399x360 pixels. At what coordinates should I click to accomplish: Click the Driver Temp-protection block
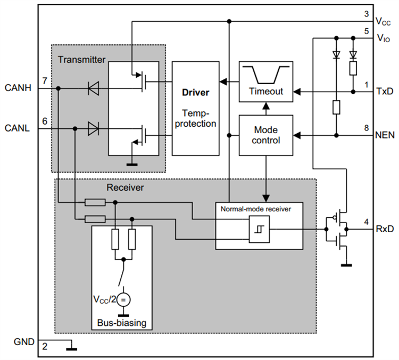click(195, 108)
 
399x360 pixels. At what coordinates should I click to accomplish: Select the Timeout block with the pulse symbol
click(266, 81)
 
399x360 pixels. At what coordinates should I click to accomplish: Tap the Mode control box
click(266, 135)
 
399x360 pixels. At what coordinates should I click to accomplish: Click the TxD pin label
click(384, 92)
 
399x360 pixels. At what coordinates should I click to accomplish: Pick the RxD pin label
click(384, 230)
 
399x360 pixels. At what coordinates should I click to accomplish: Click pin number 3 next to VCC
click(366, 14)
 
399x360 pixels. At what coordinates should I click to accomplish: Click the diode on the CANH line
click(94, 89)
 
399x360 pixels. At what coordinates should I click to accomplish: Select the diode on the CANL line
click(94, 128)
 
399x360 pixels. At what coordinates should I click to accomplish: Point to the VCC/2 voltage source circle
click(123, 299)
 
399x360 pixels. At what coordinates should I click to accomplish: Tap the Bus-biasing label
click(122, 323)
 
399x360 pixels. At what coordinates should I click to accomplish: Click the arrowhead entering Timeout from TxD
click(296, 92)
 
